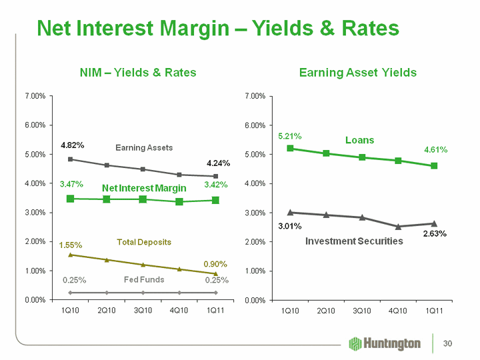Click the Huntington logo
(385, 343)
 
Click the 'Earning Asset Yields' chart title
(358, 72)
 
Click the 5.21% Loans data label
(289, 136)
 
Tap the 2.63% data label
(434, 234)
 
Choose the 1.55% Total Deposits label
(71, 245)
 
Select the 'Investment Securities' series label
(354, 241)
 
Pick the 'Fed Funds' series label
(144, 279)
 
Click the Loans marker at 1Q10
(290, 148)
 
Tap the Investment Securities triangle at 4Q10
(398, 227)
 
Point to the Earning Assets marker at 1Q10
(71, 159)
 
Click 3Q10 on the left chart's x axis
(143, 311)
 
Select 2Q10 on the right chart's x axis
(326, 311)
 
